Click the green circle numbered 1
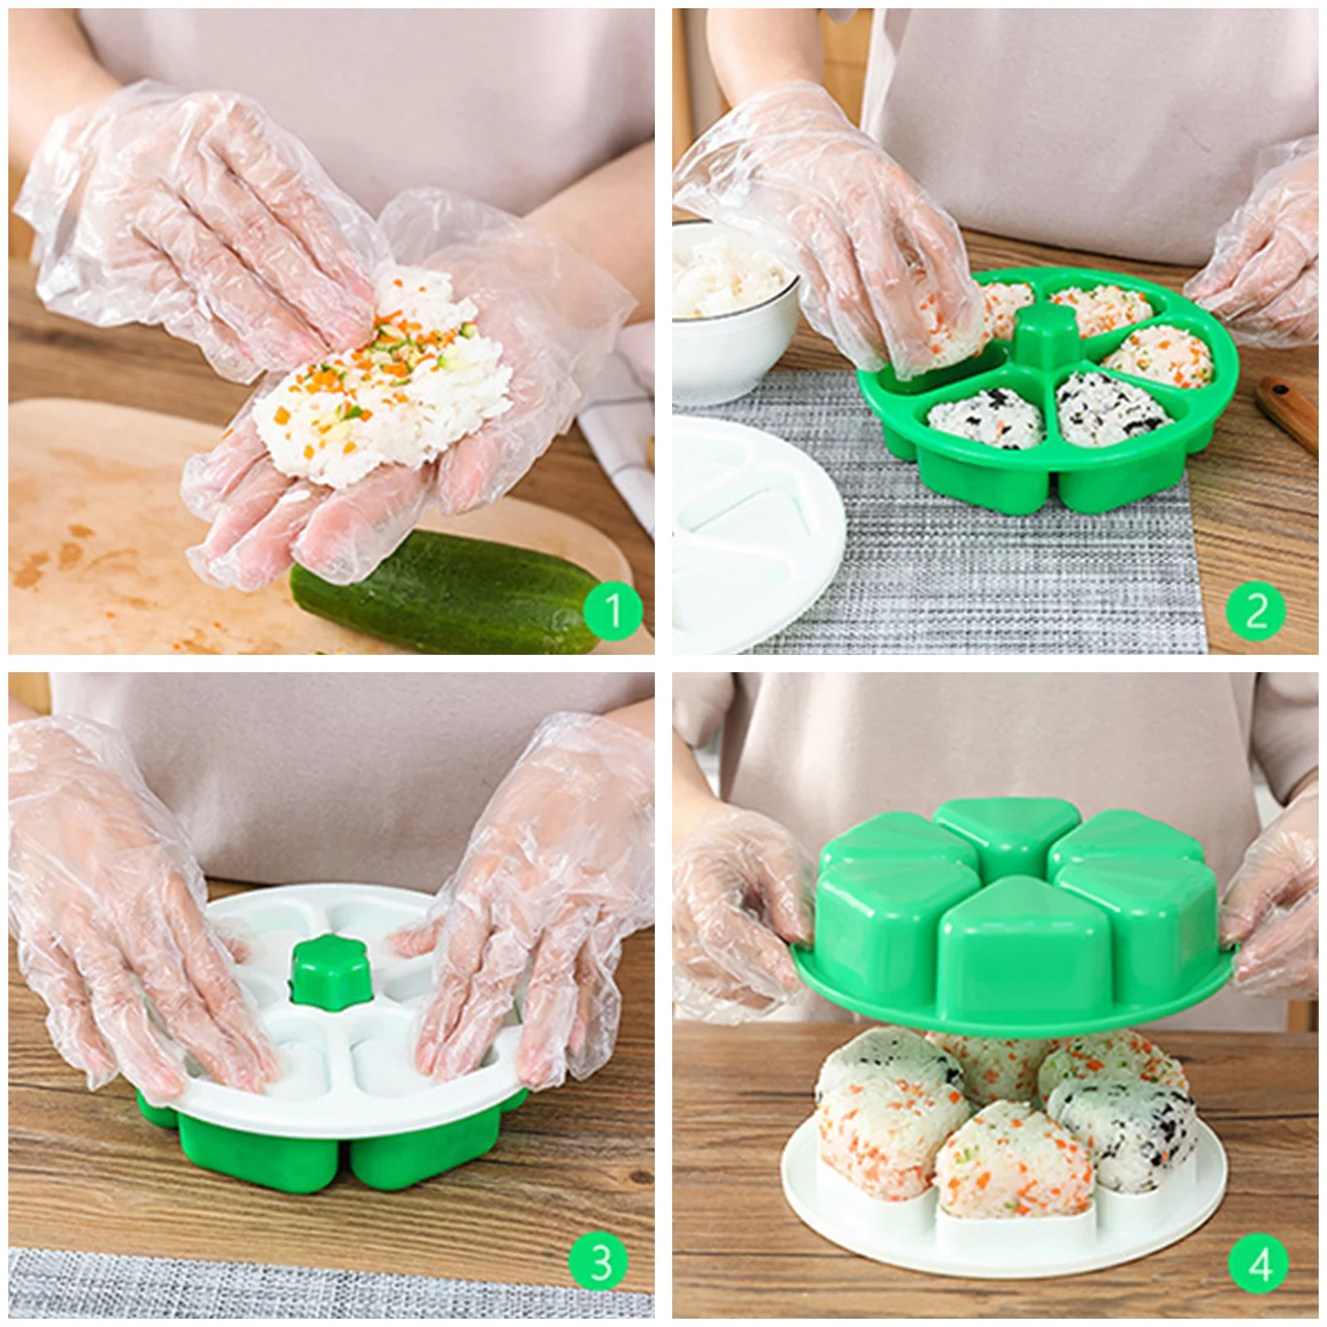tap(613, 612)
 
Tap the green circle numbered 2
tap(1256, 612)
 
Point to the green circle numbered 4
tap(1259, 1264)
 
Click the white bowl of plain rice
tap(729, 307)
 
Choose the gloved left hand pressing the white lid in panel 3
tap(133, 920)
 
